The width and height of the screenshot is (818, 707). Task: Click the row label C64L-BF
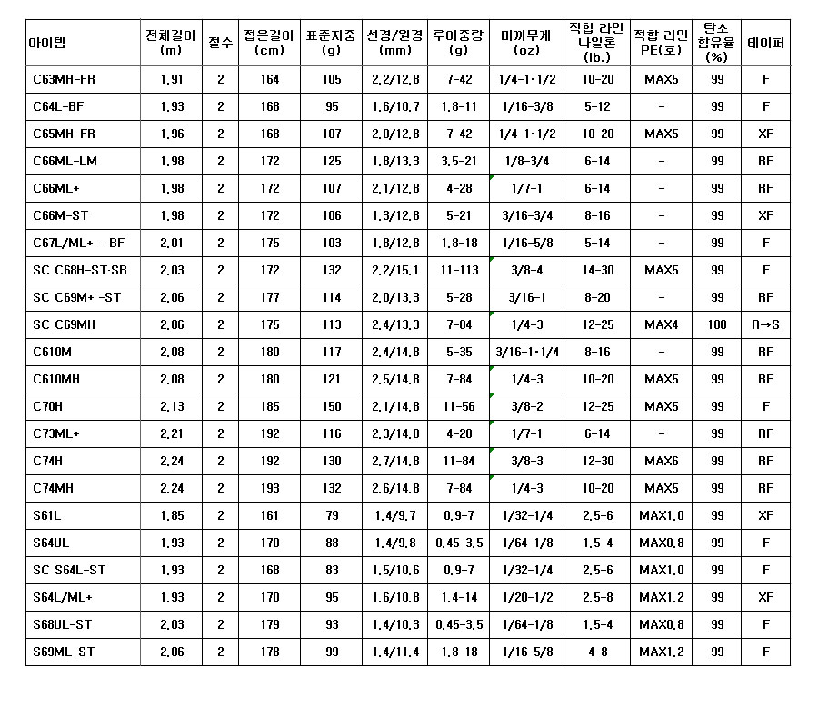58,106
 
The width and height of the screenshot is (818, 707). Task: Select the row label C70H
47,406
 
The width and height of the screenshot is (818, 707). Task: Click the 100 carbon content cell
717,324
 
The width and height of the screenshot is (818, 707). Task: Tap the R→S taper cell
765,324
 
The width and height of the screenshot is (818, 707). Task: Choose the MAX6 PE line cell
662,461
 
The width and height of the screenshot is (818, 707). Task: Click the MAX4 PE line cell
662,324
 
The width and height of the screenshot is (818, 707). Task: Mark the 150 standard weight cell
332,406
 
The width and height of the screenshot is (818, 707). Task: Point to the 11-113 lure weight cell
459,270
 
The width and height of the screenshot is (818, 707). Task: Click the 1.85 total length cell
171,515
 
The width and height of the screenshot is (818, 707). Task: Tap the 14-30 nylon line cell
597,270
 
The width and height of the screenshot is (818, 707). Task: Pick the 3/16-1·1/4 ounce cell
527,352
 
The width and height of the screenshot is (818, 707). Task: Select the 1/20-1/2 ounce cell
527,597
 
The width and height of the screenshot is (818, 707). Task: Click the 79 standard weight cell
332,515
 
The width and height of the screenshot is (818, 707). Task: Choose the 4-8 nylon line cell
597,652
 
